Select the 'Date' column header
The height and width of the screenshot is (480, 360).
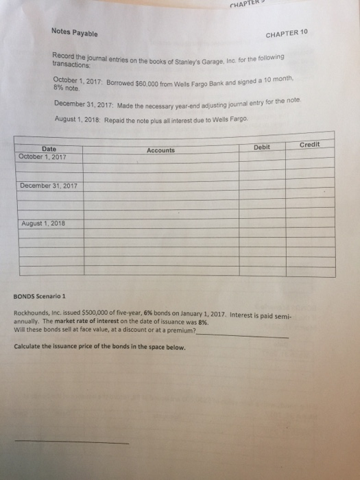coord(49,148)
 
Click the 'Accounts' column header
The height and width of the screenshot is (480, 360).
coord(160,149)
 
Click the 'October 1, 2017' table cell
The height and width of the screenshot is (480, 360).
coord(49,156)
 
